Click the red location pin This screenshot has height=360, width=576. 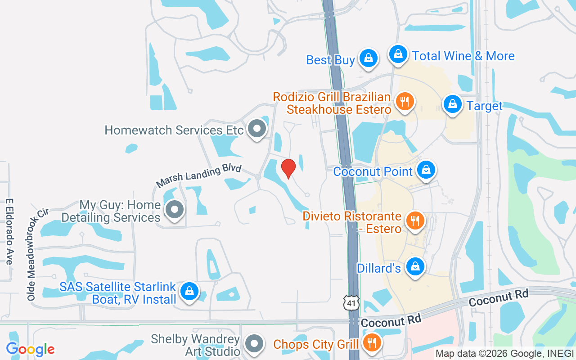point(288,168)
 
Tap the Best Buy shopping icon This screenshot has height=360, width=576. point(369,58)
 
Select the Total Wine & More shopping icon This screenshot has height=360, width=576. point(398,54)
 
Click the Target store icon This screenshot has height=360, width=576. point(452,104)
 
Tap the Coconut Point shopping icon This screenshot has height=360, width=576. point(426,170)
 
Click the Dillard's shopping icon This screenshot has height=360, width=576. point(415,266)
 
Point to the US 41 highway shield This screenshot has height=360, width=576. point(351,303)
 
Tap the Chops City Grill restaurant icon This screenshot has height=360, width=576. point(372,343)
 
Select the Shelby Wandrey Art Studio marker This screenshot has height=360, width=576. point(255,344)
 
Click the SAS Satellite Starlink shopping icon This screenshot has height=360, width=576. point(189,291)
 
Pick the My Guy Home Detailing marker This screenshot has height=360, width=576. point(175,210)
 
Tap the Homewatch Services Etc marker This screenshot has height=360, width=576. point(257,129)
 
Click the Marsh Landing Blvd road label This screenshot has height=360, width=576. point(199,176)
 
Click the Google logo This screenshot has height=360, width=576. point(30,349)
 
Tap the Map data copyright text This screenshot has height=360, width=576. point(504,353)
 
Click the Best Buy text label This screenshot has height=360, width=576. point(330,60)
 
